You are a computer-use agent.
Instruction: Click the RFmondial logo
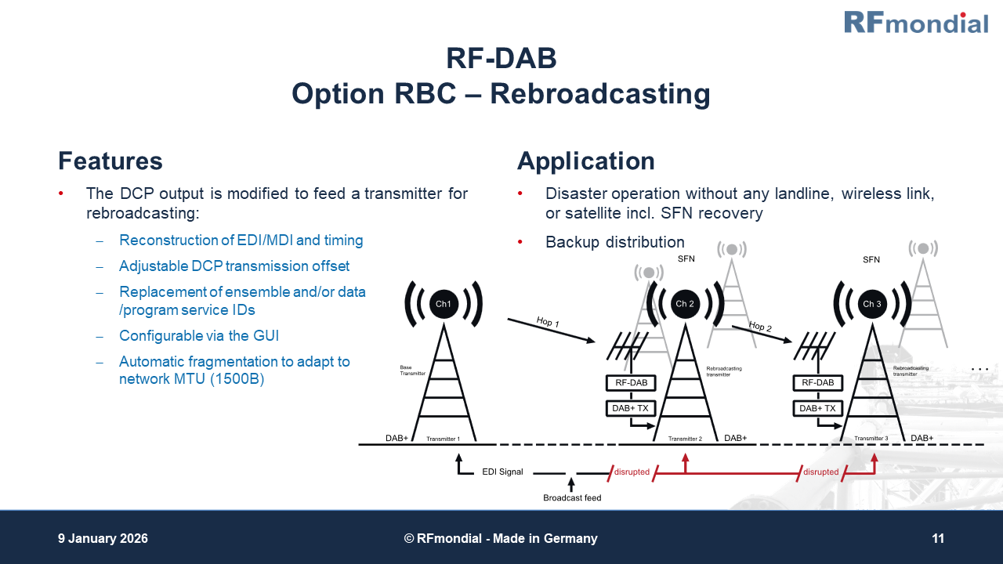pos(915,22)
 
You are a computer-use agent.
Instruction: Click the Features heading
pos(110,161)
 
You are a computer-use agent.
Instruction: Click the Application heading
pos(585,161)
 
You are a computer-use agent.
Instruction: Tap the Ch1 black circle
pos(444,304)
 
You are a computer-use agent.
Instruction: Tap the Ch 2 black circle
pos(686,304)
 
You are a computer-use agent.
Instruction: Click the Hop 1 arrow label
pos(549,322)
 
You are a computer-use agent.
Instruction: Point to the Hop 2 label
pos(760,327)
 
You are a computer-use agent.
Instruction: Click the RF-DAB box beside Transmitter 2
pos(632,383)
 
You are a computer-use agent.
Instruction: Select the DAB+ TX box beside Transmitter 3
pos(817,408)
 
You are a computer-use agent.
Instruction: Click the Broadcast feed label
pos(572,497)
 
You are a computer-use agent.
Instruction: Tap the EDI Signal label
pos(502,472)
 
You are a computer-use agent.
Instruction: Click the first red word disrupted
pos(632,472)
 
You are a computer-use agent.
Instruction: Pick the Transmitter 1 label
pos(443,439)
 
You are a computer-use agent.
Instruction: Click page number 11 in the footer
pos(938,538)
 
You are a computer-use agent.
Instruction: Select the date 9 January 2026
pos(103,538)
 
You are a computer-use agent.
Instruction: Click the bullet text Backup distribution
pos(614,242)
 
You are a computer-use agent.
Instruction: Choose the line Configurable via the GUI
pos(199,336)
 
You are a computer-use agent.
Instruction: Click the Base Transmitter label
pos(412,370)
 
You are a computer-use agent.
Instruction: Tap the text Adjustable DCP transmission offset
pos(234,266)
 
